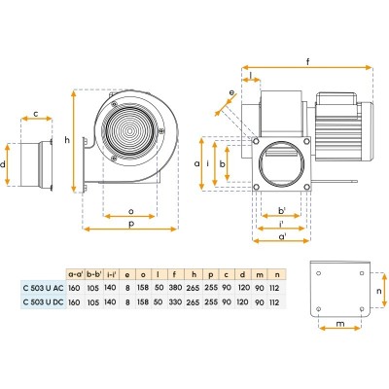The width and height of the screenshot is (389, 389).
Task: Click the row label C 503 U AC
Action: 41,289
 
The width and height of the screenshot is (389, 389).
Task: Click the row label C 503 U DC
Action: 41,302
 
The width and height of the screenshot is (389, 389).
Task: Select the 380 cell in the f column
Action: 176,289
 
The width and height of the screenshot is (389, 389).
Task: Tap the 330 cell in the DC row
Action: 176,302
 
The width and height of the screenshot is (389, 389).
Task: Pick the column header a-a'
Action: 76,275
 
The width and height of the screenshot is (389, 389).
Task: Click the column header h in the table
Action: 194,275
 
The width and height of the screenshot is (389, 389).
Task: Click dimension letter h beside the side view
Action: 66,141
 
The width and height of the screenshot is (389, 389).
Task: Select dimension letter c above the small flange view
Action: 36,114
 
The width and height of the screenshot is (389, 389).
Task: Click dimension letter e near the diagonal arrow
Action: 230,93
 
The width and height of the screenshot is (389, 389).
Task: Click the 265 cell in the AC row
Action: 194,289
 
